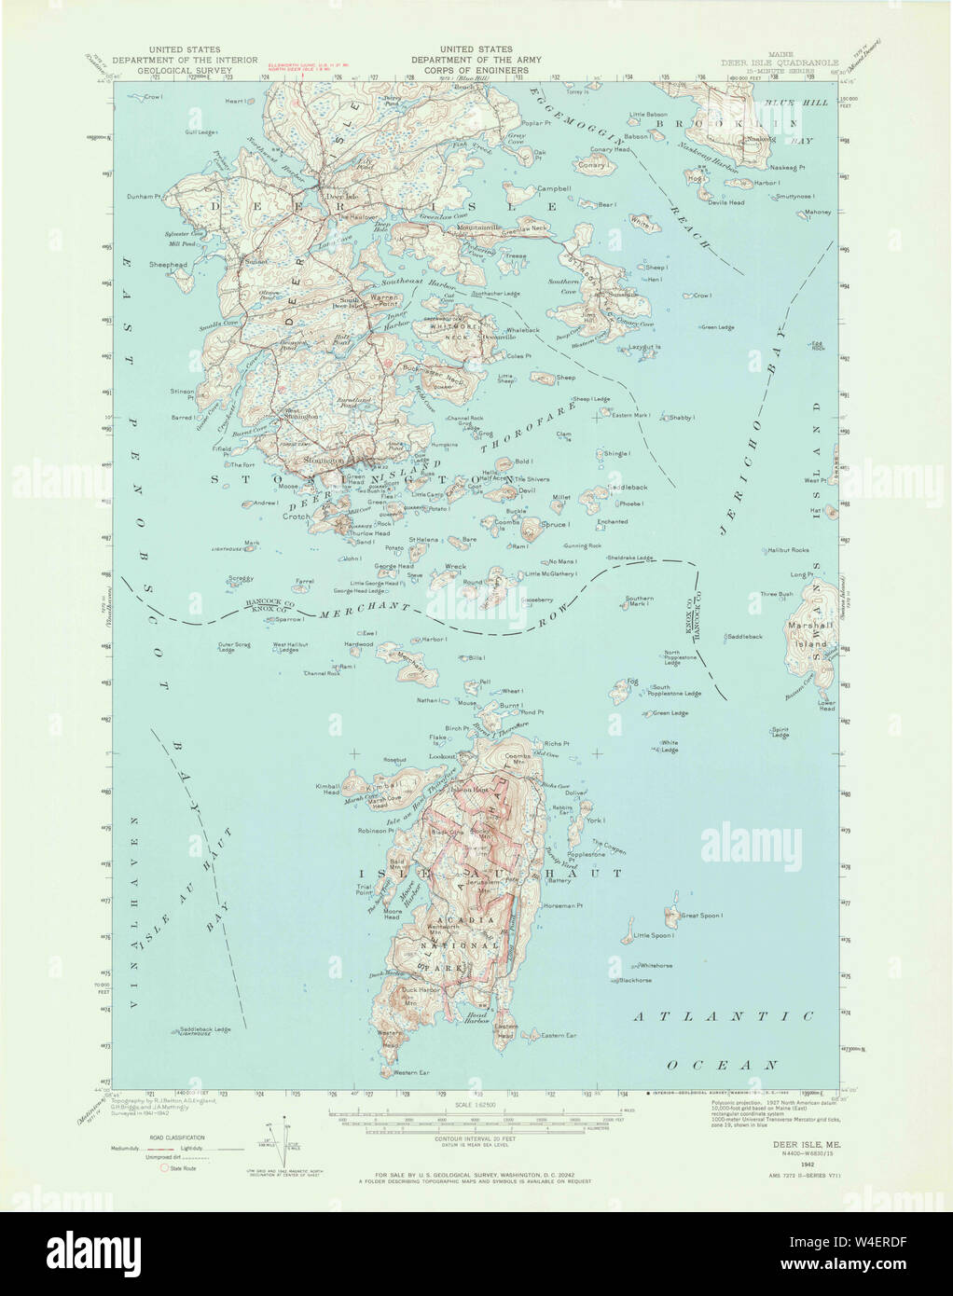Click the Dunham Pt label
(x=145, y=197)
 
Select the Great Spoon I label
(x=702, y=916)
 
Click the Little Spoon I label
(x=653, y=935)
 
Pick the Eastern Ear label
(x=559, y=1035)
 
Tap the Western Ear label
(x=411, y=1073)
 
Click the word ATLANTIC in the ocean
(x=724, y=1016)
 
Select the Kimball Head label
(x=329, y=789)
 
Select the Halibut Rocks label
(x=788, y=550)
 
